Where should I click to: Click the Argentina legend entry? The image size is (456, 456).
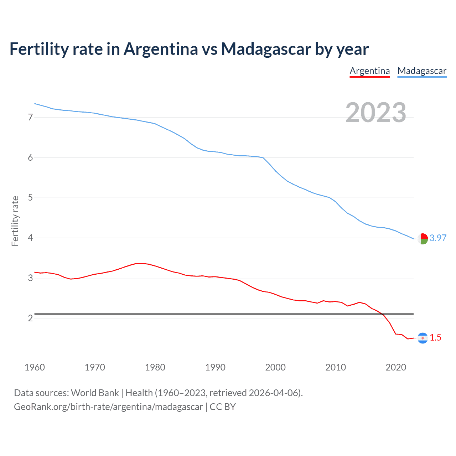click(x=369, y=71)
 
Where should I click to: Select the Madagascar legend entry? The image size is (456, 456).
click(x=422, y=71)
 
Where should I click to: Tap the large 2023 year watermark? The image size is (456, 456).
click(x=375, y=113)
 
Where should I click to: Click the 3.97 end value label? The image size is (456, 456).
click(x=438, y=238)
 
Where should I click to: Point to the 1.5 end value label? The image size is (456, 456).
click(x=435, y=337)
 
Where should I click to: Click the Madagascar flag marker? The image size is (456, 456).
click(x=423, y=239)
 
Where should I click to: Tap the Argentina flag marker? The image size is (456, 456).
click(x=423, y=338)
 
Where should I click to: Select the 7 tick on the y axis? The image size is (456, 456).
click(x=30, y=117)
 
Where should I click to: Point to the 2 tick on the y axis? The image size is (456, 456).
click(x=30, y=318)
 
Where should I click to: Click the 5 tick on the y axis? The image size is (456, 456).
click(x=30, y=198)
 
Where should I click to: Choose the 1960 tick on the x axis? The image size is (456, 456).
click(x=35, y=367)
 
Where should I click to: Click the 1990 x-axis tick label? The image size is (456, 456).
click(x=215, y=367)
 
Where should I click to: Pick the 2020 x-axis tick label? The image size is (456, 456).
click(x=396, y=367)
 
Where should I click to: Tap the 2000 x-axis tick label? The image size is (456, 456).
click(x=275, y=367)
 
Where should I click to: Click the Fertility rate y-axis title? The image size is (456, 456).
click(x=15, y=221)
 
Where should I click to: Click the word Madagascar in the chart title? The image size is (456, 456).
click(x=266, y=49)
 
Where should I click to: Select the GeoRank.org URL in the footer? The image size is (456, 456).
click(x=108, y=407)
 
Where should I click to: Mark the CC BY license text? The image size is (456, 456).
click(x=223, y=407)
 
